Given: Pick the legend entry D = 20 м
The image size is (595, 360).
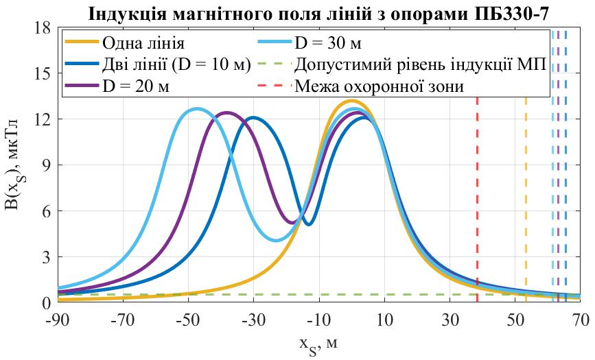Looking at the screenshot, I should [x=137, y=86].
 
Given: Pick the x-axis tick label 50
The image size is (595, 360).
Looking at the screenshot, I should [x=515, y=319].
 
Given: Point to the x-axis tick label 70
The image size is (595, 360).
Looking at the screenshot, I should [x=581, y=319].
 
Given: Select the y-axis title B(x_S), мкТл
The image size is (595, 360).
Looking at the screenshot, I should [x=18, y=165].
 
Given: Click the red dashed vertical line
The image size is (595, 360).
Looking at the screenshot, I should [x=477, y=199].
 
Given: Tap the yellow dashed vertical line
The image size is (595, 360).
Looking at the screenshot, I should [x=526, y=199].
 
